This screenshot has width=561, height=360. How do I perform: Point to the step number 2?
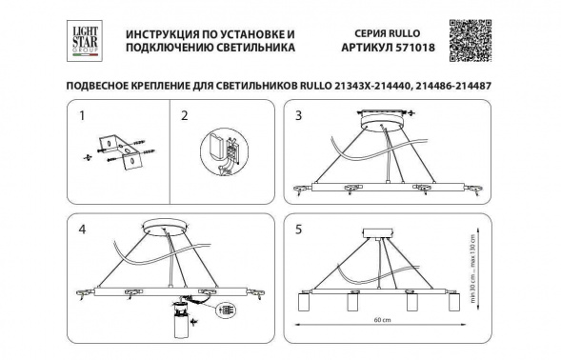(186, 116)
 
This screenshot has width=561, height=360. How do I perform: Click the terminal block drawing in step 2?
(220, 152)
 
